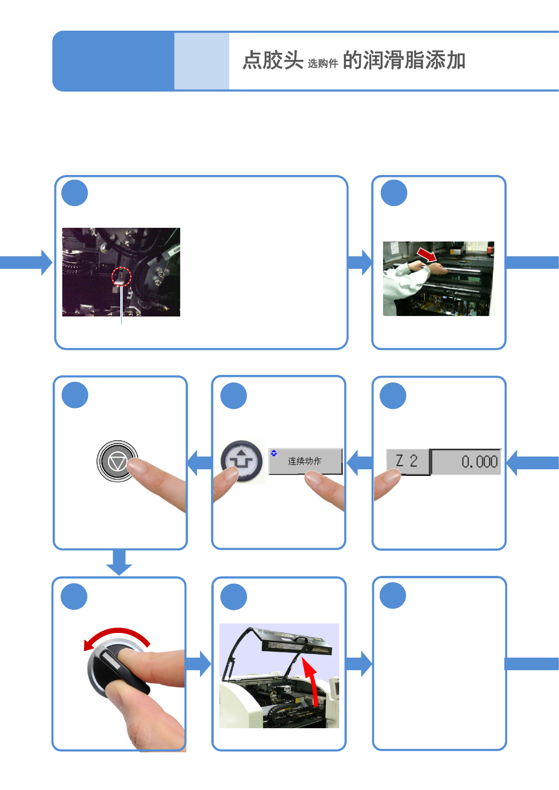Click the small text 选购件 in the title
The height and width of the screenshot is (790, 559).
tap(323, 64)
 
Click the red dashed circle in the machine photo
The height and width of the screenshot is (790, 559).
tap(121, 276)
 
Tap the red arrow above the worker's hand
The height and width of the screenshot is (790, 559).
tap(427, 255)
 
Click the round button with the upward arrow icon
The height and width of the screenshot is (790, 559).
tap(242, 461)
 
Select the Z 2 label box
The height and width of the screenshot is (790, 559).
tap(407, 461)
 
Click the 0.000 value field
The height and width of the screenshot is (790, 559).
tap(466, 461)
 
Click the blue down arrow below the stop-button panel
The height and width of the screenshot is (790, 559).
tap(119, 562)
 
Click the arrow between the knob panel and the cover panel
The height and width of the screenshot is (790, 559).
tap(198, 664)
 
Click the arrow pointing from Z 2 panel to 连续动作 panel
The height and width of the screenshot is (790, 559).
tap(359, 462)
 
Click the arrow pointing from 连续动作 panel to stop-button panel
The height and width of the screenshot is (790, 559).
tap(200, 462)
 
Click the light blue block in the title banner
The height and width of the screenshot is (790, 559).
tap(201, 61)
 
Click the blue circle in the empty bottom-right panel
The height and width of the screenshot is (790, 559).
tap(392, 596)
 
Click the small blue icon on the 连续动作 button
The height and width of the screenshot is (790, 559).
tap(274, 453)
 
